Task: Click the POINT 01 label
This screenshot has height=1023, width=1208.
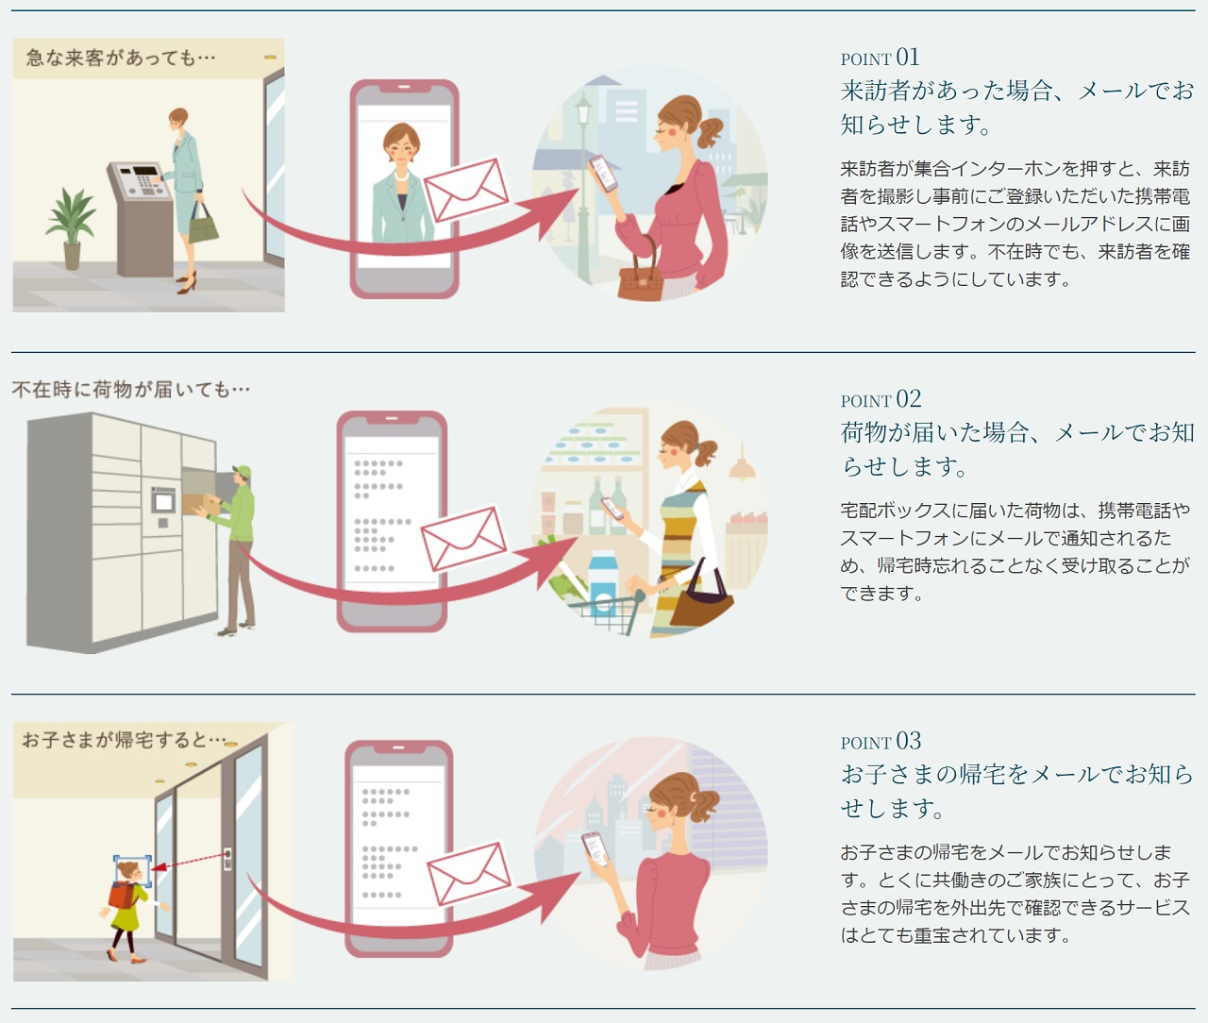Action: (881, 58)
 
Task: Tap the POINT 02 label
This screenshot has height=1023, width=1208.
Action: (881, 400)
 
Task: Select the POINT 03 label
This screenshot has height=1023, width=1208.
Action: (881, 742)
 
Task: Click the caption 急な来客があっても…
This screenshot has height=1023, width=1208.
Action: (121, 58)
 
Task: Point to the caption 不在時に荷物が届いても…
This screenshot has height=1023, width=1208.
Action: (131, 390)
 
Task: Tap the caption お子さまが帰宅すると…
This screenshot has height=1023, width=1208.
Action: (124, 740)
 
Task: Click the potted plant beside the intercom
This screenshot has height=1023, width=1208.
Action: (72, 228)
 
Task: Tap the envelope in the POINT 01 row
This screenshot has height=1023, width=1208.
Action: (466, 191)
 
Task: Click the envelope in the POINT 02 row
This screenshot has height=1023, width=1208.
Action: (463, 538)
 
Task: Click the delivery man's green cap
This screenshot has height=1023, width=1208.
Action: (242, 471)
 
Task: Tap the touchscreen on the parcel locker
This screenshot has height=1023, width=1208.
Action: (163, 501)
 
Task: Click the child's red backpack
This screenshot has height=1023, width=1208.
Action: (122, 895)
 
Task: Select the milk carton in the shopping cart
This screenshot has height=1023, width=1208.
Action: (603, 582)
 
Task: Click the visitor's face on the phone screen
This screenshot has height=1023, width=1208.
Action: (401, 145)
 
